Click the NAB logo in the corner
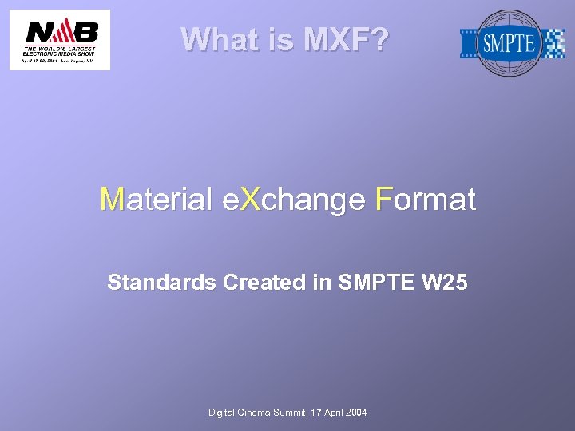coord(60,40)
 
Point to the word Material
coord(157,199)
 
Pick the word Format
coord(425,199)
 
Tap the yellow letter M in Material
coord(113,199)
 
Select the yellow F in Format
coord(384,199)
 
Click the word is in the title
coord(280,39)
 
